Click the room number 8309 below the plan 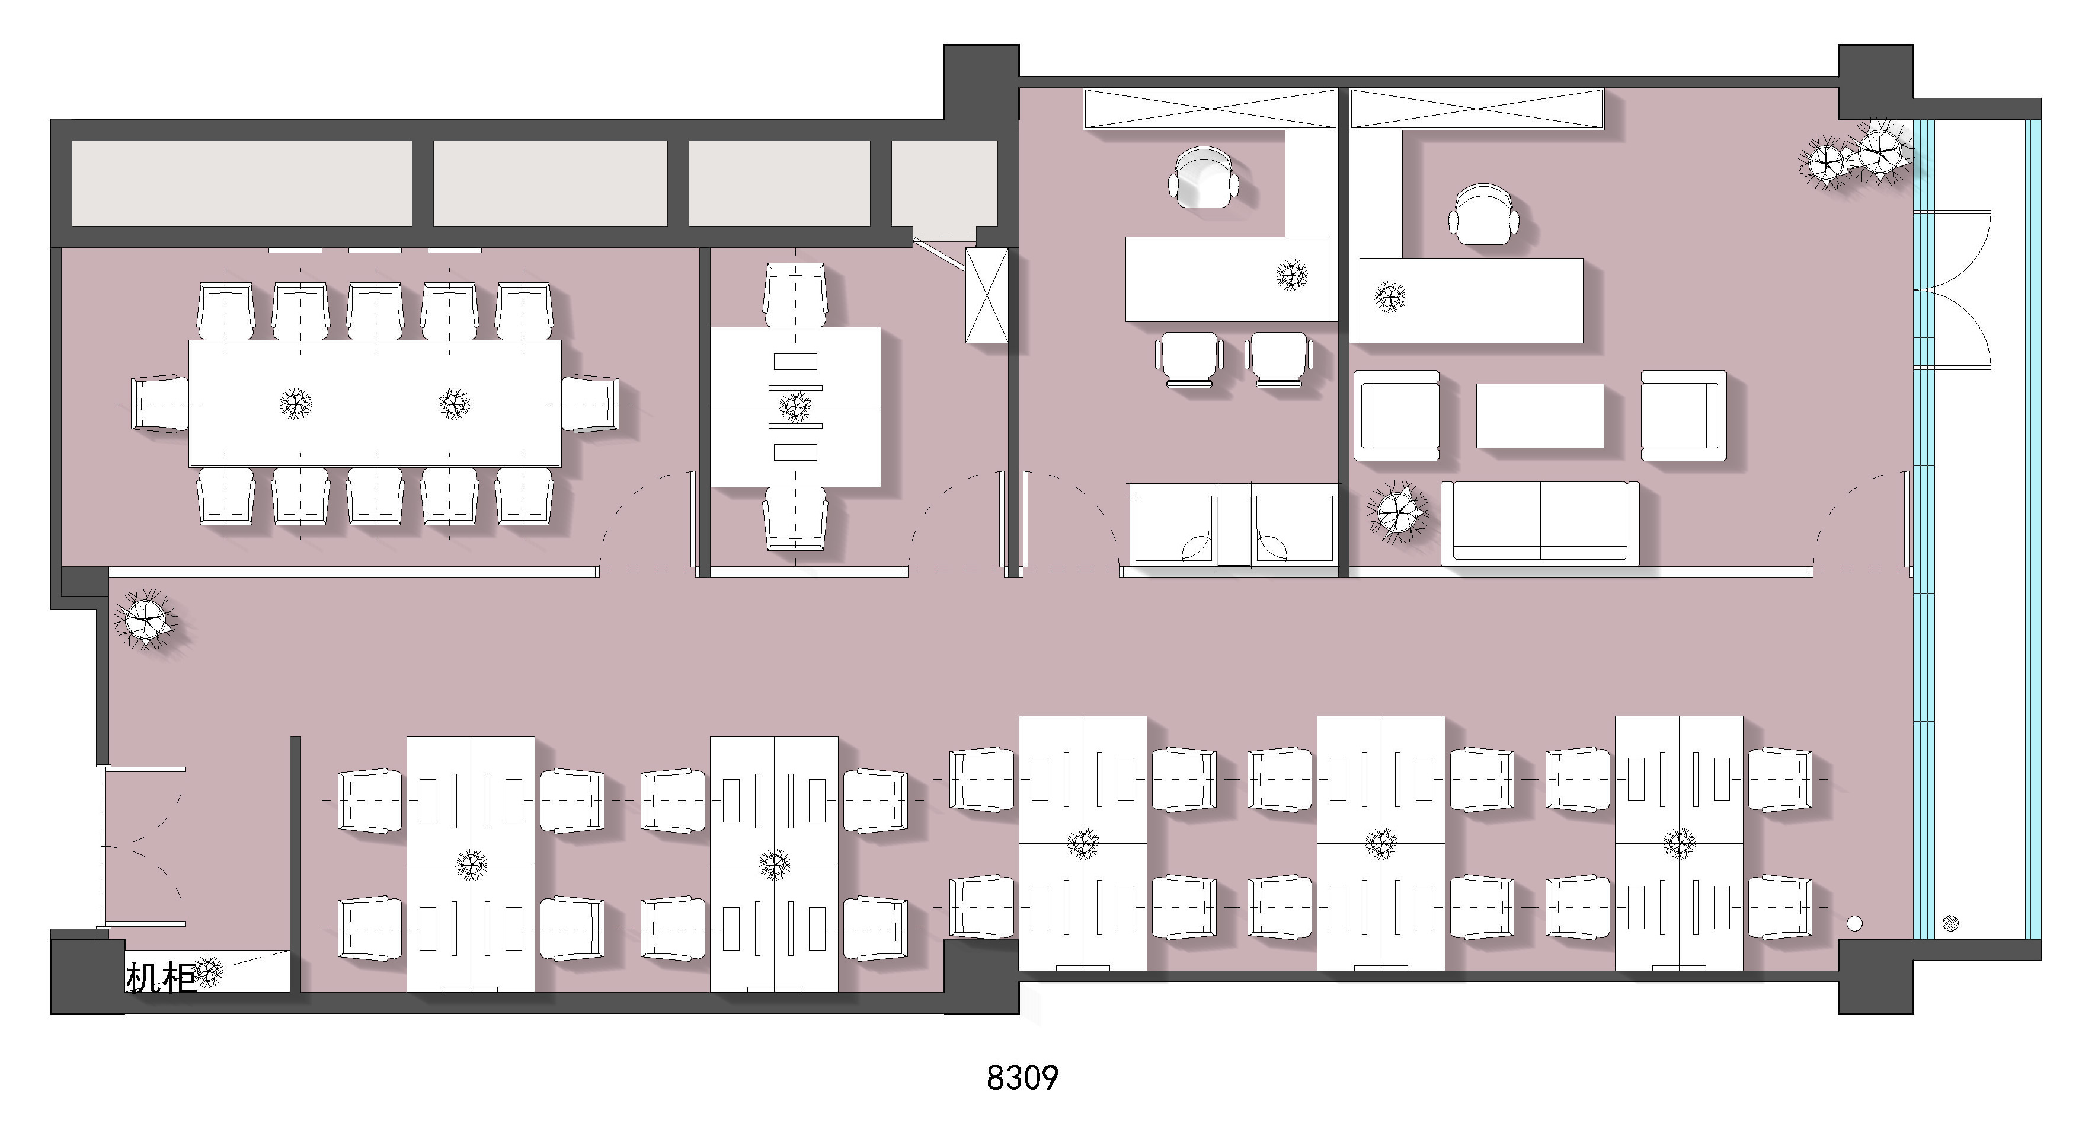(x=1022, y=1077)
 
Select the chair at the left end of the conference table (x=161, y=404)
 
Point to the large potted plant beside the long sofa (x=1397, y=512)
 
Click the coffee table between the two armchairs (x=1540, y=415)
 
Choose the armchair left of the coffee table (x=1397, y=415)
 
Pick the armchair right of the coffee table (x=1684, y=415)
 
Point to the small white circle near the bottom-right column (x=1854, y=923)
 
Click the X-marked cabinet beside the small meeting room (x=987, y=295)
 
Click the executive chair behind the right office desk (x=1484, y=214)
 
